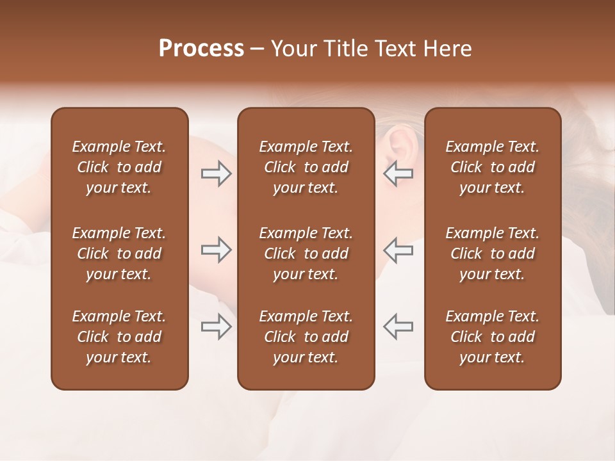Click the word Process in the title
click(x=201, y=49)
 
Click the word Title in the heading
click(x=346, y=49)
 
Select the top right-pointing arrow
click(x=216, y=174)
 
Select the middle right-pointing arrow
click(x=216, y=250)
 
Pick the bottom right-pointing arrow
click(x=216, y=326)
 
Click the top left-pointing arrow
click(x=398, y=174)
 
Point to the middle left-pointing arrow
click(x=398, y=250)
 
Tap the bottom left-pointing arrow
click(x=398, y=326)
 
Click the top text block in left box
click(x=119, y=167)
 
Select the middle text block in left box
click(x=119, y=254)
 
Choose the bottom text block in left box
click(x=119, y=337)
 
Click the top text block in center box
click(x=306, y=167)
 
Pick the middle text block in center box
click(x=306, y=254)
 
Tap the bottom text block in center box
click(x=306, y=337)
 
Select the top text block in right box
click(x=492, y=167)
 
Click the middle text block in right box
click(x=492, y=254)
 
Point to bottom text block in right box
click(x=492, y=337)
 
